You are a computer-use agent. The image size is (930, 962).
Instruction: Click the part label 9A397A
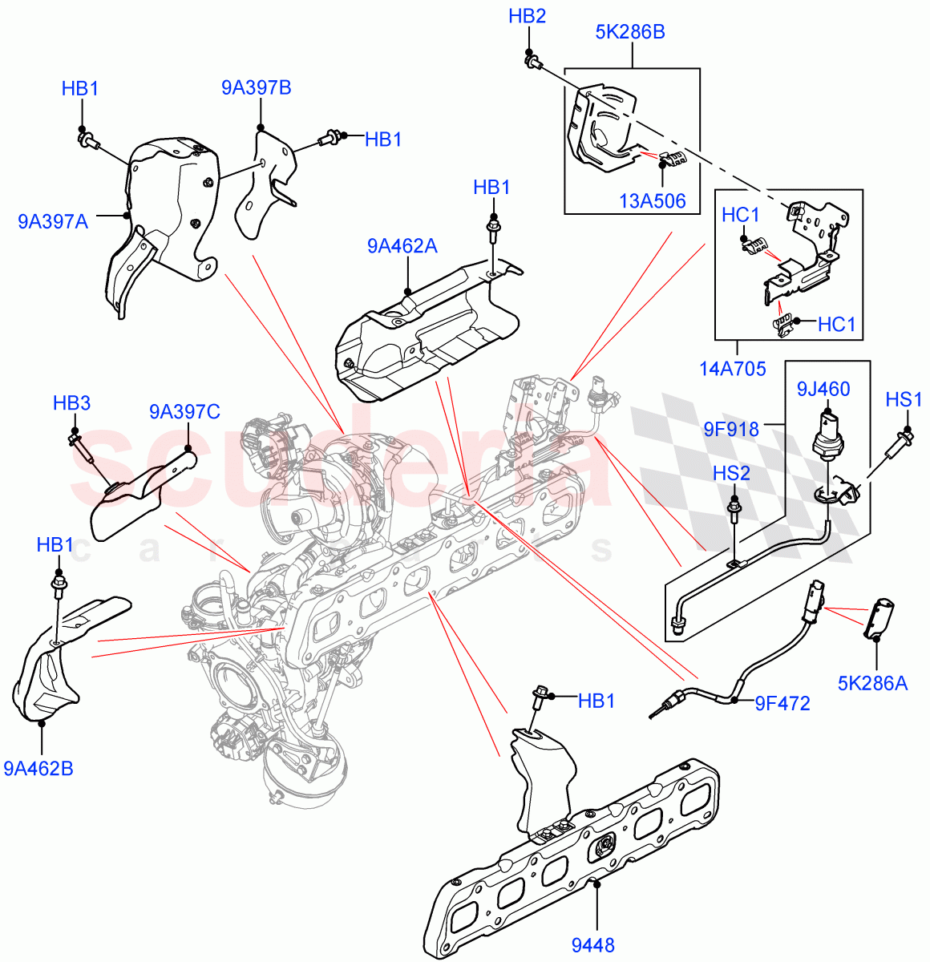pyautogui.click(x=53, y=220)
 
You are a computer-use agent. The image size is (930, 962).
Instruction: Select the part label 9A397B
pyautogui.click(x=256, y=87)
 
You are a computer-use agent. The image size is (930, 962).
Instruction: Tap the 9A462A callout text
pyautogui.click(x=402, y=246)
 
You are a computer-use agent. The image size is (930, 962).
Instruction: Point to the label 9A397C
pyautogui.click(x=184, y=412)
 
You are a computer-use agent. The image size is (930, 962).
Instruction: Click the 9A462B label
pyautogui.click(x=38, y=769)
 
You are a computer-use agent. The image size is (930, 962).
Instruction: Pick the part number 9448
pyautogui.click(x=592, y=945)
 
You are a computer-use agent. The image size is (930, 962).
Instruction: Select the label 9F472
pyautogui.click(x=782, y=704)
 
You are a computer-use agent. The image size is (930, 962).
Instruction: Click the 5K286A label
pyautogui.click(x=872, y=683)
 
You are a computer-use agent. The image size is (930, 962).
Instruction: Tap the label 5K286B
pyautogui.click(x=630, y=33)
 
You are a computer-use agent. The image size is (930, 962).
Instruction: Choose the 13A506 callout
pyautogui.click(x=653, y=200)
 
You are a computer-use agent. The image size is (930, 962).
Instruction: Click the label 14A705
pyautogui.click(x=732, y=369)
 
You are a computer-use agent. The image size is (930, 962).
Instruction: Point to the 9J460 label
pyautogui.click(x=823, y=390)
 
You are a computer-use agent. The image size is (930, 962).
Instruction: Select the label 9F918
pyautogui.click(x=731, y=429)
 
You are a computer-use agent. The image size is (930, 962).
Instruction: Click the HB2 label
pyautogui.click(x=527, y=16)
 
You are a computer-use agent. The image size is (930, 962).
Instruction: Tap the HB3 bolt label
pyautogui.click(x=71, y=403)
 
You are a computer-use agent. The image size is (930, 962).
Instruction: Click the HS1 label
pyautogui.click(x=904, y=399)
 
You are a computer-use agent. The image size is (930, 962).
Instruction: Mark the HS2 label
pyautogui.click(x=731, y=474)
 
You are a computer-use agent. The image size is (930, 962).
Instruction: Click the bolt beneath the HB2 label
pyautogui.click(x=531, y=59)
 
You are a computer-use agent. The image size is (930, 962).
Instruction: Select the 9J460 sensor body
pyautogui.click(x=827, y=437)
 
